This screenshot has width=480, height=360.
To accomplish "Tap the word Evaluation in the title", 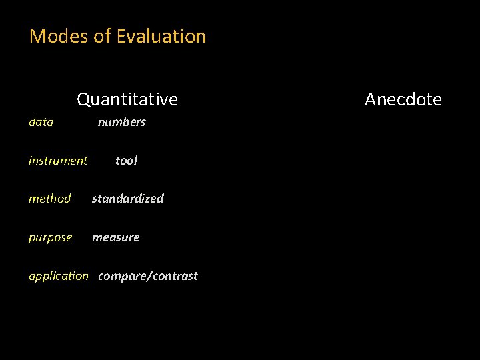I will (161, 36).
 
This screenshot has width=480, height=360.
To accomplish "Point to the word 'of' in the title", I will (102, 36).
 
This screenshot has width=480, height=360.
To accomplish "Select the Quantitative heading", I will (127, 99).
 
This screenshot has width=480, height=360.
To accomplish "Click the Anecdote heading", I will (403, 99).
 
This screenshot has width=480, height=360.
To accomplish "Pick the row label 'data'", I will (41, 122).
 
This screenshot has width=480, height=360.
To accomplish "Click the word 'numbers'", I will (121, 122).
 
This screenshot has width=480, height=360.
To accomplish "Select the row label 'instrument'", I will (58, 161).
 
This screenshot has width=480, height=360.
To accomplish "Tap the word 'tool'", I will (126, 161).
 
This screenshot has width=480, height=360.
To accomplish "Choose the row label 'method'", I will (49, 199).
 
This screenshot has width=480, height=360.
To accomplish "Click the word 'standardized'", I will (127, 199).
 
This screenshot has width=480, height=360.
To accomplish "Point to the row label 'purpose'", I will (50, 237).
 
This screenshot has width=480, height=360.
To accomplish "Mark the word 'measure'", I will (115, 237).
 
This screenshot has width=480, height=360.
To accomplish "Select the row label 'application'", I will (58, 276).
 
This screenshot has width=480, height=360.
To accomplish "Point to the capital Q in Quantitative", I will (83, 99).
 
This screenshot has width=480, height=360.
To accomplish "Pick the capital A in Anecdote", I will (371, 99).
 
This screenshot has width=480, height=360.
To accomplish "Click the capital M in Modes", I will (37, 36).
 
